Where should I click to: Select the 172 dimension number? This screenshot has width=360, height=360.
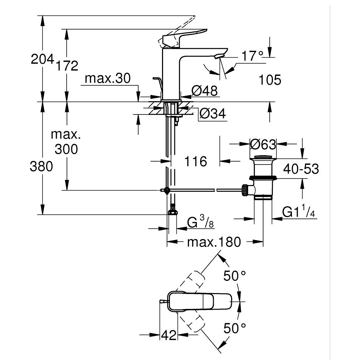(66, 65)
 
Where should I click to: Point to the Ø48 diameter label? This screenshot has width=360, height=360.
(204, 91)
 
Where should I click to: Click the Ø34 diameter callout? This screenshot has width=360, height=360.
(212, 114)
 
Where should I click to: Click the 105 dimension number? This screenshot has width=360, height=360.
(270, 80)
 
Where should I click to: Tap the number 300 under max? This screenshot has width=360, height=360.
(66, 149)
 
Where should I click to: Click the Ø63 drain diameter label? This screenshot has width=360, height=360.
(263, 145)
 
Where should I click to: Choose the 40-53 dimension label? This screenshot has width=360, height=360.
(301, 168)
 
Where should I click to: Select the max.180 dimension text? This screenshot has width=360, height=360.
(213, 242)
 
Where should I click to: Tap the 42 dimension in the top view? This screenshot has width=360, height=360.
(168, 335)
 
